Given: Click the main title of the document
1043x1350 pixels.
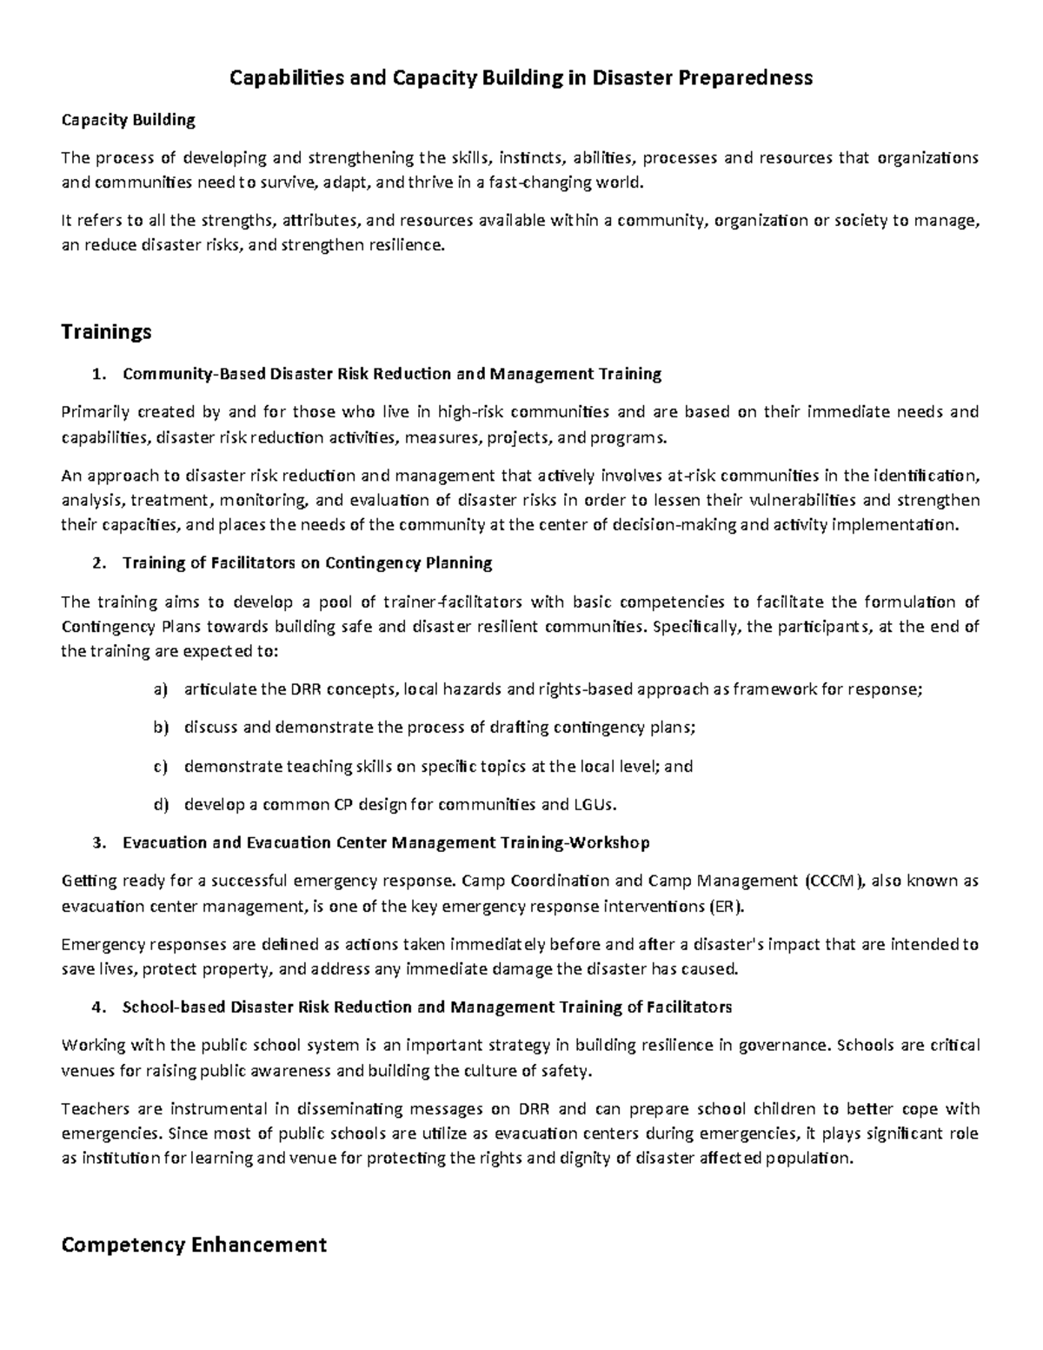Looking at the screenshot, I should tap(520, 78).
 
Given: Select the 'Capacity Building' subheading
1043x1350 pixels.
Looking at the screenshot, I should tap(128, 119).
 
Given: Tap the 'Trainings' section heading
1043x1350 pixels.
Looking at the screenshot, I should tap(106, 332).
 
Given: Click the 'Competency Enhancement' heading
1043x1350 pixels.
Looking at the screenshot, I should tap(193, 1245).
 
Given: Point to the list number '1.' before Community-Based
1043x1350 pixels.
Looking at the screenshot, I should tap(99, 375).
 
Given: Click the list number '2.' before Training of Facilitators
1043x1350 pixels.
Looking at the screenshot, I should tap(99, 563).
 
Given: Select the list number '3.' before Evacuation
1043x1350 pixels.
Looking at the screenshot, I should tap(99, 843).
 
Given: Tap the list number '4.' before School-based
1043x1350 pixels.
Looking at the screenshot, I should tap(99, 1008).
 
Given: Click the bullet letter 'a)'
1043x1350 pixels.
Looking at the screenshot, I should tap(159, 690).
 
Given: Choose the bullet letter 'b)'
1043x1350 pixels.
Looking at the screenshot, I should tap(159, 728).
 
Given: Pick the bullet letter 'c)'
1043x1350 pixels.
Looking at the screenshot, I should tap(159, 767).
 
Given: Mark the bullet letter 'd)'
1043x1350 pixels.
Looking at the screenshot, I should tap(159, 805).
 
